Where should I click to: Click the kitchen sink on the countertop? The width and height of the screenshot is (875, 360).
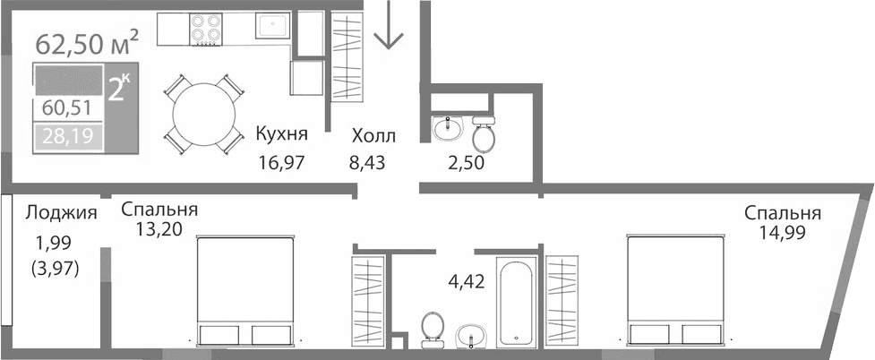pyautogui.click(x=270, y=26)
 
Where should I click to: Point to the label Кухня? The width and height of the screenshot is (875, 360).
pyautogui.click(x=281, y=135)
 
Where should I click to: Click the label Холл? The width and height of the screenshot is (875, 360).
pyautogui.click(x=373, y=136)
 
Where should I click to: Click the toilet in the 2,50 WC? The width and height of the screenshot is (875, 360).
pyautogui.click(x=484, y=134)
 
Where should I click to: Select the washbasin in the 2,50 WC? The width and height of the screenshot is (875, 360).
pyautogui.click(x=445, y=129)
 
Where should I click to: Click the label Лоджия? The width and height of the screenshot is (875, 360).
pyautogui.click(x=61, y=212)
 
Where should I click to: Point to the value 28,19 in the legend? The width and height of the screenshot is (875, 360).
pyautogui.click(x=67, y=137)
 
